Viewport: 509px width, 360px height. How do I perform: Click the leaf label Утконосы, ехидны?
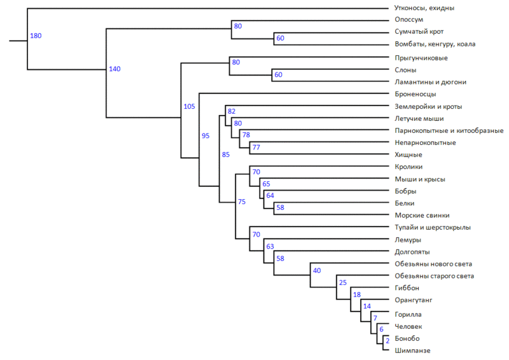coord(424,8)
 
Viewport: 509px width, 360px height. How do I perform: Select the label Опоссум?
coord(408,20)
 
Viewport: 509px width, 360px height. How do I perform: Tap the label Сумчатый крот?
coord(419,32)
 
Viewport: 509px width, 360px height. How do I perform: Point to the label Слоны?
coord(405,70)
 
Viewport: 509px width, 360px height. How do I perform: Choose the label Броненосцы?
coord(415,94)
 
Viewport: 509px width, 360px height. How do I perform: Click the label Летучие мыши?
coord(419,118)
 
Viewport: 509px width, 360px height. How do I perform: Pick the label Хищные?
coord(408,155)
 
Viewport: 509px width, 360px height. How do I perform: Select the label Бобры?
coord(406,191)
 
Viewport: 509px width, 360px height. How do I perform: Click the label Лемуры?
coord(407,240)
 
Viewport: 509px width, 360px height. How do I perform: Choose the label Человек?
coord(408,326)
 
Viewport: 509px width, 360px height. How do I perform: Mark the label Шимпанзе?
coord(412,350)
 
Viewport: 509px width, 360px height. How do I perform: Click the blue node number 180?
coord(36,36)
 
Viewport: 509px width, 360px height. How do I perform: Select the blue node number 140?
coord(115,69)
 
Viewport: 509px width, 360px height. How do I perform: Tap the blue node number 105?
coord(190,106)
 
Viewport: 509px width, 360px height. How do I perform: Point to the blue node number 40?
coord(317,270)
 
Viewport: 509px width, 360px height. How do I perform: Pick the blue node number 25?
coord(342,282)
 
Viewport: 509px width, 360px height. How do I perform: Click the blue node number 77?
coord(256,148)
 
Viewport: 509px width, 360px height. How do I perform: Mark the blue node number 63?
coord(270,246)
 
